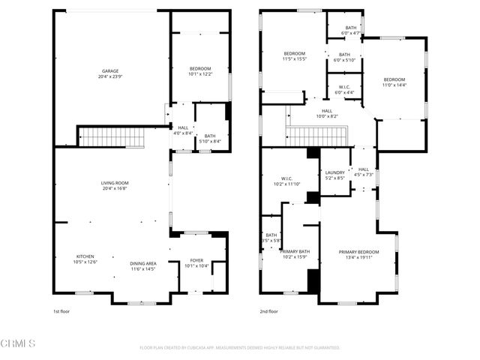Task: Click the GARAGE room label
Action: click(x=110, y=73)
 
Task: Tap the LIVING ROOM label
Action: click(x=115, y=185)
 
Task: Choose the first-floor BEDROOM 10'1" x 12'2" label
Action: click(x=199, y=71)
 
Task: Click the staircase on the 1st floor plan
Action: click(x=112, y=138)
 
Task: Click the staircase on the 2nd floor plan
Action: click(x=315, y=136)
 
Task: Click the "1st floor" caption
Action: click(x=61, y=311)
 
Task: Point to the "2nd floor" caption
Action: click(x=268, y=311)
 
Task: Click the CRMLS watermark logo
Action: click(x=19, y=344)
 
